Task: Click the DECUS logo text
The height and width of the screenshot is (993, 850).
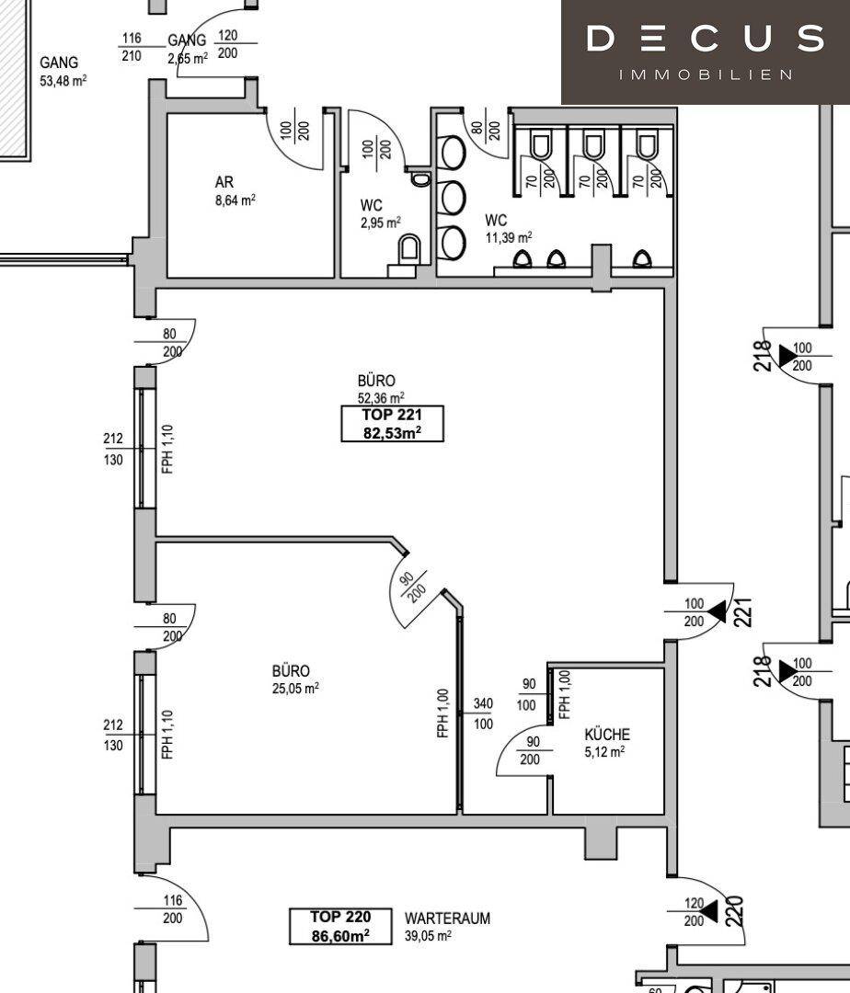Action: (705, 38)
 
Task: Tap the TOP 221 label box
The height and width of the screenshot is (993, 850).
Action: (392, 424)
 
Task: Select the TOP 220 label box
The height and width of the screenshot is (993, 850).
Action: (340, 927)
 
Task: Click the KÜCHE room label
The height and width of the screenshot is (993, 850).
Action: (607, 735)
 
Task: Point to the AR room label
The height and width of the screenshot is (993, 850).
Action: (224, 182)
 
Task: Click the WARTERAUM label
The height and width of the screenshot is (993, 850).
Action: (447, 919)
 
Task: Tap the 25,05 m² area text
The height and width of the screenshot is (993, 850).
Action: (295, 688)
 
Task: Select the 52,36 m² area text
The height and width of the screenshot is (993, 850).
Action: (381, 398)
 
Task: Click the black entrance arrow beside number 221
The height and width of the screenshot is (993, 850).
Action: (717, 611)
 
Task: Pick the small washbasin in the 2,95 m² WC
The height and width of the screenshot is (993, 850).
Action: (419, 178)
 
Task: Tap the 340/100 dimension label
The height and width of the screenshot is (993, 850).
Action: (483, 713)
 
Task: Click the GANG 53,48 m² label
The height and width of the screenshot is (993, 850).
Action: (63, 71)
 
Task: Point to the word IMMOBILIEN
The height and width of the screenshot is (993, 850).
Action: (705, 74)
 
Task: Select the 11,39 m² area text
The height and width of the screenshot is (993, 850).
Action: (509, 238)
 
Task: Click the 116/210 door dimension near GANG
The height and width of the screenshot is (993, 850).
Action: (132, 47)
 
